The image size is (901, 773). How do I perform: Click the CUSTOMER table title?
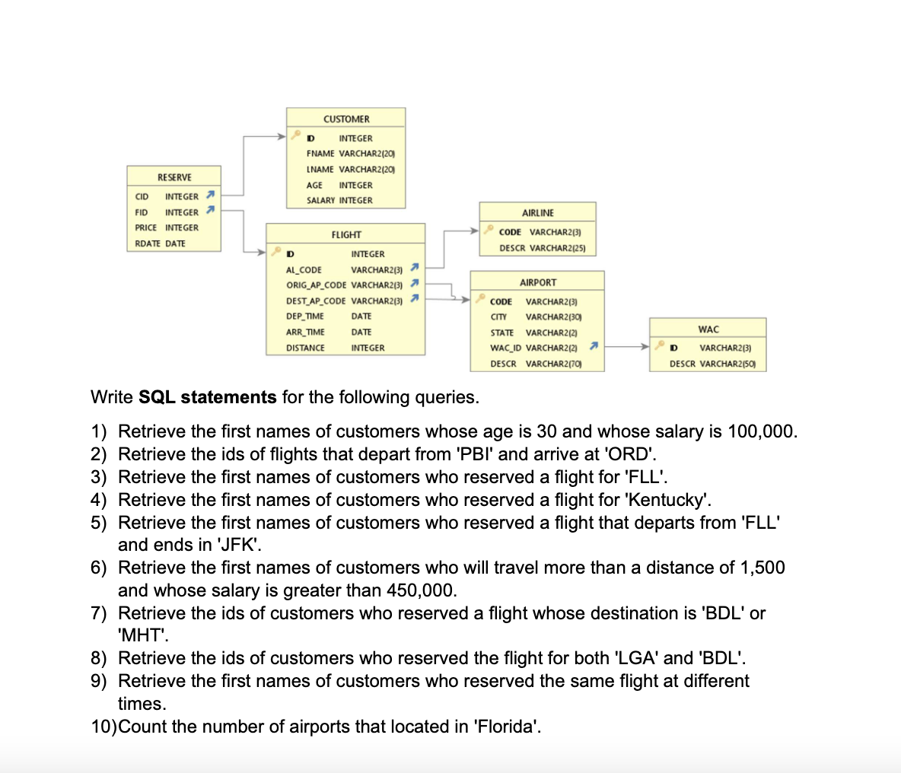tap(346, 119)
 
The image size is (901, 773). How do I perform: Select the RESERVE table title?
tap(174, 177)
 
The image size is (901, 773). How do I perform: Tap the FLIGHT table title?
tap(346, 235)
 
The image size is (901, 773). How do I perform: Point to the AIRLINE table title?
tap(538, 213)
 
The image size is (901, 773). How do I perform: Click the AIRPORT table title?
tap(538, 282)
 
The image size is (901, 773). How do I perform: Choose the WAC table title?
tap(708, 329)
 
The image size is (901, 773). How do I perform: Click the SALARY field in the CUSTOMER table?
tap(320, 201)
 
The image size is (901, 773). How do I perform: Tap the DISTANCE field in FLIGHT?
tap(305, 348)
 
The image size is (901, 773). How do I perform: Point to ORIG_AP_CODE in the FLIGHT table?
tap(316, 285)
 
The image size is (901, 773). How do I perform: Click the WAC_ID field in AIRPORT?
tap(506, 348)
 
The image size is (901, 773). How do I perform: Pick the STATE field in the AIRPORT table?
tap(502, 332)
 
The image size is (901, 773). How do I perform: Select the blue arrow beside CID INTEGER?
tap(211, 196)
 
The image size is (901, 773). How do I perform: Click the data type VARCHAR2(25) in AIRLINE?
tap(557, 248)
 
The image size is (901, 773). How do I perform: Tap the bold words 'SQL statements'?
tap(208, 397)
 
